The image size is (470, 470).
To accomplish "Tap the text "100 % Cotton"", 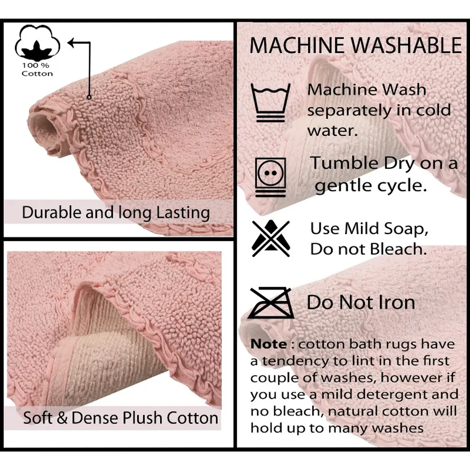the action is coord(37,70).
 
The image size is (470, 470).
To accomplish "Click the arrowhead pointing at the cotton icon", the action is coord(71,43).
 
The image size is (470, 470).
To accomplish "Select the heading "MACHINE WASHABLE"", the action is coord(356,45).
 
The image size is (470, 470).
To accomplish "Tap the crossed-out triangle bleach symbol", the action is coord(271,239).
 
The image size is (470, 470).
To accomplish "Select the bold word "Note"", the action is coord(269,344).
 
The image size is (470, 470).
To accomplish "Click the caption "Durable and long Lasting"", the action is coord(116,213).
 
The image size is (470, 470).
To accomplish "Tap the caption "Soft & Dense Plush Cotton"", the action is coord(121,418).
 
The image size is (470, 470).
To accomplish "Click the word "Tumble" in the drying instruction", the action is coord(344,163).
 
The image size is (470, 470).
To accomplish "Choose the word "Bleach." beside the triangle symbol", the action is coord(398,249).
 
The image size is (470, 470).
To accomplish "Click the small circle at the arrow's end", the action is coord(89,97).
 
